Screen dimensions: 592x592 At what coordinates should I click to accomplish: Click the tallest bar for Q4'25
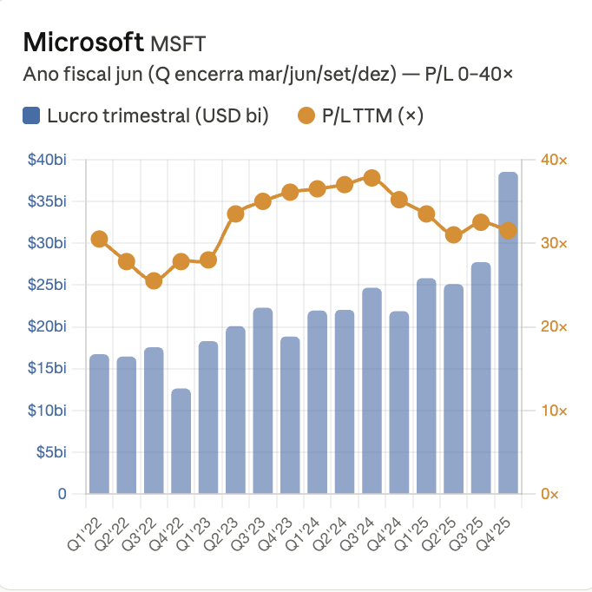(x=508, y=332)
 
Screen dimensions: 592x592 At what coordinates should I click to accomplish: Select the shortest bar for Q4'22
(x=181, y=441)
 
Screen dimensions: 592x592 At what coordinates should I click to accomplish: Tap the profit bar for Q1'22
(x=99, y=424)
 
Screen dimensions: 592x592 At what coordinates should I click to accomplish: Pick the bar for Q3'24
(x=372, y=391)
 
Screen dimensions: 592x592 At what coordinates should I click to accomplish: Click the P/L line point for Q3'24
(x=372, y=178)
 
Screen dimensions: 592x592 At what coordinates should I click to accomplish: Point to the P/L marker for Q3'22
(x=154, y=280)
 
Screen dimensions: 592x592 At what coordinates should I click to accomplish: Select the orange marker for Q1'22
(x=99, y=239)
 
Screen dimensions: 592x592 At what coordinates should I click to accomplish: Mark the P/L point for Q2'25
(x=453, y=235)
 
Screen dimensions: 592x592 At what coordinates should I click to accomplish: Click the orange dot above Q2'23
(x=235, y=214)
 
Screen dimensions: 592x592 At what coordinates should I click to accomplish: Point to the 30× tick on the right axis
(x=554, y=244)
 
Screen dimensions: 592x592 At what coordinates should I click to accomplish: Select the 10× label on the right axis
(x=554, y=411)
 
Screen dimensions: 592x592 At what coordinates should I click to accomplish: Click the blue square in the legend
(x=31, y=115)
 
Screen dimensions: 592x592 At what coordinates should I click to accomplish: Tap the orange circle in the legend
(x=305, y=115)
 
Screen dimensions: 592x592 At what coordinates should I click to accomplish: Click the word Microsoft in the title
(x=83, y=42)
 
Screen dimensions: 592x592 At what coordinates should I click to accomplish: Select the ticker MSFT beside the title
(x=179, y=43)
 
